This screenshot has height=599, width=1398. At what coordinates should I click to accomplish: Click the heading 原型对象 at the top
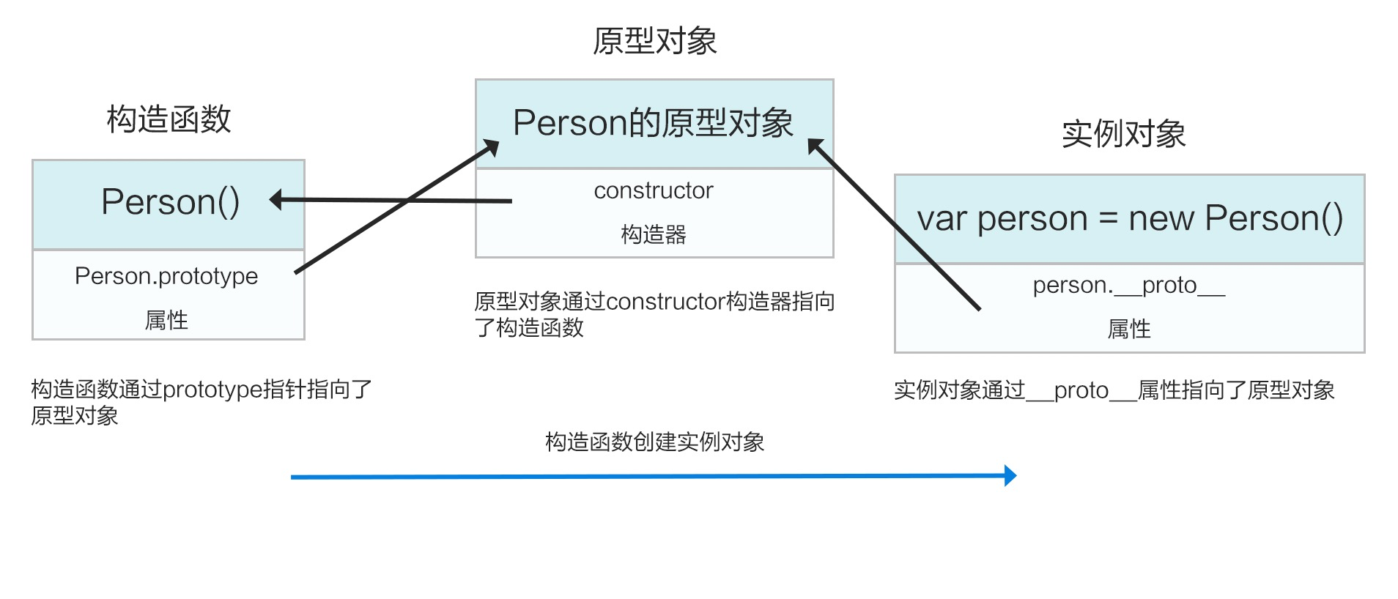tap(654, 41)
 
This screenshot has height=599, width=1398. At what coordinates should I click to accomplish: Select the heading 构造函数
tap(169, 119)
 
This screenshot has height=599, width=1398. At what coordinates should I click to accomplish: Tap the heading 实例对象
tap(1123, 134)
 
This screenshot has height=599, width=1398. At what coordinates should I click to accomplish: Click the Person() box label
tap(170, 202)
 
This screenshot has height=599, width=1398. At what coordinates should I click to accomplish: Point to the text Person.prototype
tap(166, 276)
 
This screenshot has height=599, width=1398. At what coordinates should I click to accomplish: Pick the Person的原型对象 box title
tap(653, 123)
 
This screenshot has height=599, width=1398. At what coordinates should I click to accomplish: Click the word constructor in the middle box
tap(653, 190)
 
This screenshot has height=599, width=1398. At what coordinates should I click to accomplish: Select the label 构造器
tap(653, 234)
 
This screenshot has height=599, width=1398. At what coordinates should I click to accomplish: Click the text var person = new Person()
tap(1129, 218)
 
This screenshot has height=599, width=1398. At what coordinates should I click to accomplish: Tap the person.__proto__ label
tap(1128, 285)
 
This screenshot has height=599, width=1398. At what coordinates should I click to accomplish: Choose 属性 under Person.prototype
tap(166, 320)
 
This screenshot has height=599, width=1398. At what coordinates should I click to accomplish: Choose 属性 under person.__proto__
tap(1128, 329)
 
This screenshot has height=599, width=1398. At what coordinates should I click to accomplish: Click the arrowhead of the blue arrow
tap(1010, 476)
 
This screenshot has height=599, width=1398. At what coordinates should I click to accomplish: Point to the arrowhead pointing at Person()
tap(277, 199)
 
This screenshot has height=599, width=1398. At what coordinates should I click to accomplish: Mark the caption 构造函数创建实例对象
tap(654, 442)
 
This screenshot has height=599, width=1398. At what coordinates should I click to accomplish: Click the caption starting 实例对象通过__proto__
tap(1114, 390)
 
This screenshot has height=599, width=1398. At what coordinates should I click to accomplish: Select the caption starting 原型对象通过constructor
tap(654, 314)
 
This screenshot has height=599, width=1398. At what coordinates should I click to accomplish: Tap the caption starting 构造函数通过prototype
tap(201, 402)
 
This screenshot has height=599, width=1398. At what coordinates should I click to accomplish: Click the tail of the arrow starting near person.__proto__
tap(978, 308)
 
